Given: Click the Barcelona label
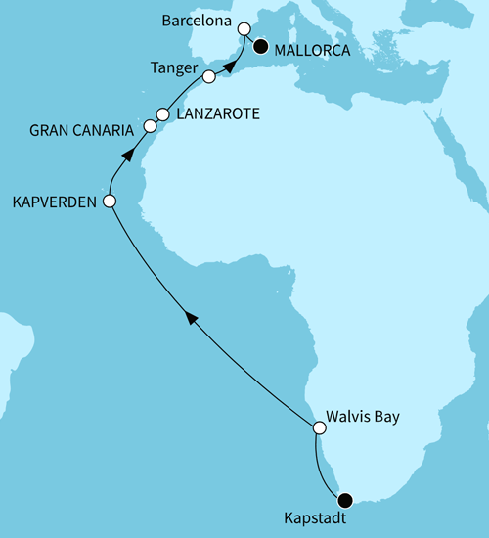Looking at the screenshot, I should pos(196,18).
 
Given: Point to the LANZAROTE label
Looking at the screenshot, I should pos(217,113).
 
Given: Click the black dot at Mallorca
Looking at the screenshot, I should pos(261,45).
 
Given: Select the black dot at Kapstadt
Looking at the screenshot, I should pos(343,499).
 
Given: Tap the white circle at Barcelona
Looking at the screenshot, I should pos(244,29).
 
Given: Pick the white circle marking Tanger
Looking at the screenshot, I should pos(208,76).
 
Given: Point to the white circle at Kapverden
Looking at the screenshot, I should pos(110,202).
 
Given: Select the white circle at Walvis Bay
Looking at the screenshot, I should pos(319,427).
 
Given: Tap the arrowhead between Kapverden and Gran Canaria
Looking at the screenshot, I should pos(126,152).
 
